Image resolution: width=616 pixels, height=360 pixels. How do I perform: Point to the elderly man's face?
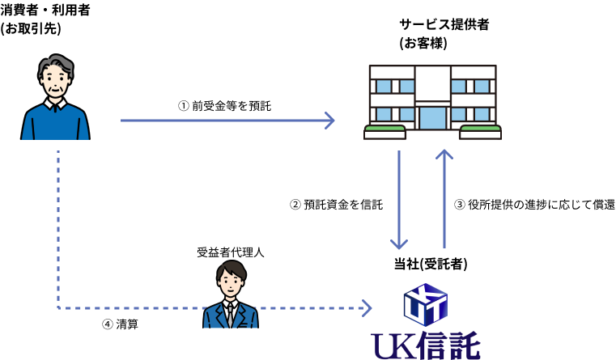coord(55,83)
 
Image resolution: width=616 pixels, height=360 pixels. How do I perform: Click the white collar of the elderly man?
coord(55,104)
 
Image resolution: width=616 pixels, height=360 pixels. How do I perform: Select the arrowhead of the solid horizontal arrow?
coord(329,121)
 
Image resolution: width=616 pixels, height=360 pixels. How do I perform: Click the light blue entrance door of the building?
coord(433,117)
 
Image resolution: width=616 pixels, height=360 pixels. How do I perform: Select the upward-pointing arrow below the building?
coord(444,198)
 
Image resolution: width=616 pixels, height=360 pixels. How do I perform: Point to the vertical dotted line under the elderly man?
coord(58,227)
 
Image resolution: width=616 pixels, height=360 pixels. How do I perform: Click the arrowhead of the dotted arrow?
coord(367,308)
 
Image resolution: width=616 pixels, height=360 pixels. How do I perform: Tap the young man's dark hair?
coord(231,269)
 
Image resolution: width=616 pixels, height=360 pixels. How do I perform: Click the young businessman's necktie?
coord(231,315)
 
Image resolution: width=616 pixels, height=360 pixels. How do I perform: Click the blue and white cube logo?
coord(426,304)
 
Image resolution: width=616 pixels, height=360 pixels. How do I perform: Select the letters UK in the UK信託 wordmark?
coord(393,346)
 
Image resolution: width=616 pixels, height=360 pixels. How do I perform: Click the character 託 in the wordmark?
coord(464,346)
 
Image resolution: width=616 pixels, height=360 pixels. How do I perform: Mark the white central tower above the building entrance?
coord(433,83)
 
